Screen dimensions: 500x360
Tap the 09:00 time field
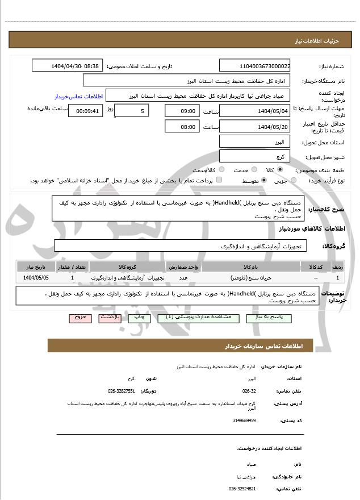point(182,110)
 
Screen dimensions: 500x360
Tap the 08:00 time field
point(182,126)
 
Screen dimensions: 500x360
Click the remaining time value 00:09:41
point(85,110)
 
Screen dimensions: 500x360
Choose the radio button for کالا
point(280,169)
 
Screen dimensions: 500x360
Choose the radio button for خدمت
point(253,169)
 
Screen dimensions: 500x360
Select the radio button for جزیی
point(293,180)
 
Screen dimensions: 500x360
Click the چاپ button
point(139,318)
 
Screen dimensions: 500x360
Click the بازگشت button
point(110,318)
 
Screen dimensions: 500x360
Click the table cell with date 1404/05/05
point(36,278)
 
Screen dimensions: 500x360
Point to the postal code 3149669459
point(244,420)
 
